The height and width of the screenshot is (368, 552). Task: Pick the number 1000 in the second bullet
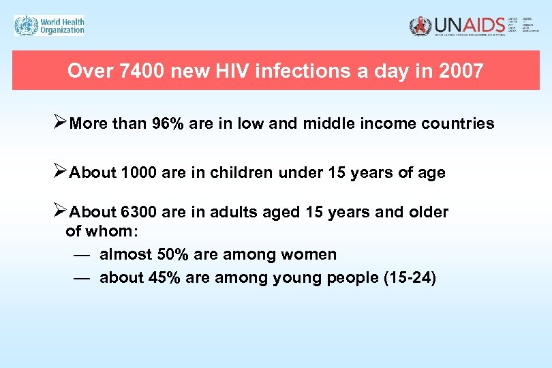(x=138, y=173)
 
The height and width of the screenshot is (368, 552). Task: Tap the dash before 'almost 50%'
(x=80, y=255)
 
